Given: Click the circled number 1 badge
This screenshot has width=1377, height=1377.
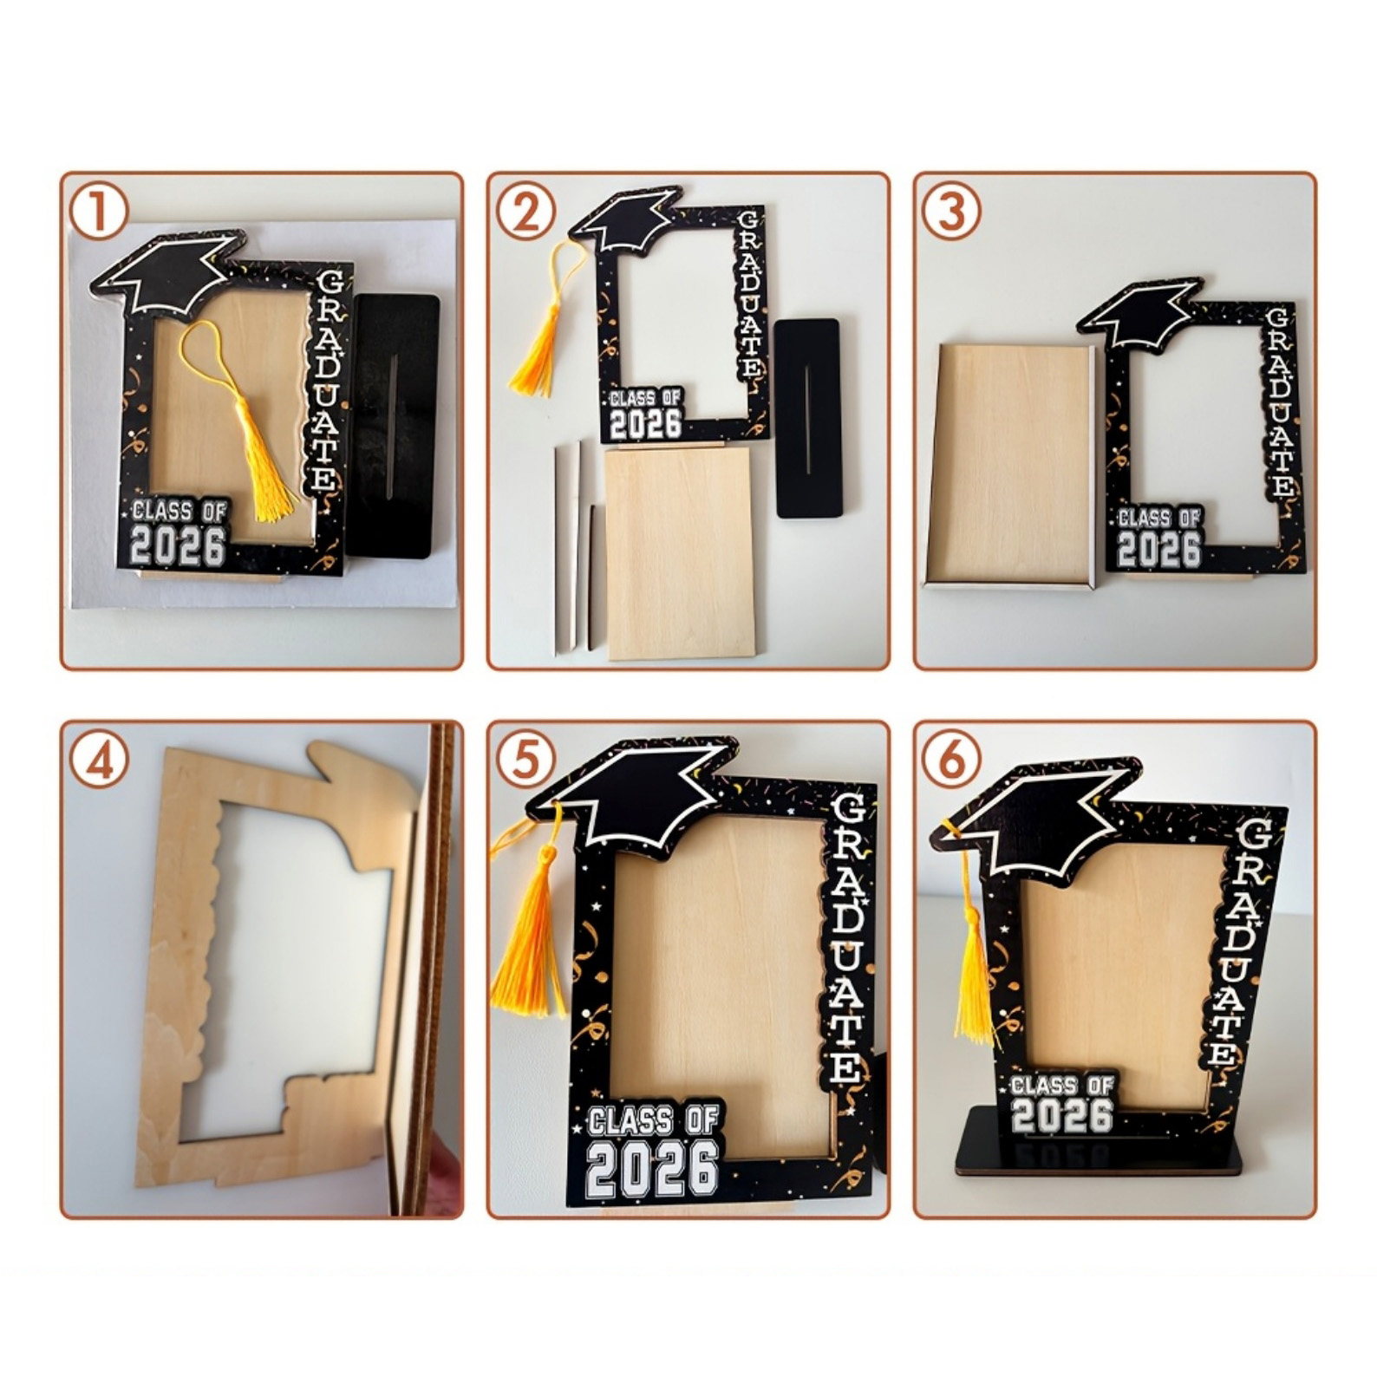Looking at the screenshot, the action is [x=98, y=212].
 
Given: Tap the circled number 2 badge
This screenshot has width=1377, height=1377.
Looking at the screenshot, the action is [x=525, y=212].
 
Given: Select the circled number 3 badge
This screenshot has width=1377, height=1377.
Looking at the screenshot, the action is [x=952, y=212].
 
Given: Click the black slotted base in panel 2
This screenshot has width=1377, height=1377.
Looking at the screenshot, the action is [x=808, y=418].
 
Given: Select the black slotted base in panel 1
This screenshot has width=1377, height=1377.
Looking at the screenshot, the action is [x=394, y=425].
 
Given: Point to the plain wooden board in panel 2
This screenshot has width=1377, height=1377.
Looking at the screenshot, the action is [x=680, y=551].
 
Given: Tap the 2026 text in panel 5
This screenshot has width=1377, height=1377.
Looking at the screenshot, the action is [x=654, y=1168].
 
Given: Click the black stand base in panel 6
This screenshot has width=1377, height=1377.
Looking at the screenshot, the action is [x=1099, y=1141].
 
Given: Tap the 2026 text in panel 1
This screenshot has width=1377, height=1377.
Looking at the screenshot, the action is [x=178, y=546].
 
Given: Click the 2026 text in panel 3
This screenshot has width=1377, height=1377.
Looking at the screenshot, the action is [x=1158, y=549].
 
